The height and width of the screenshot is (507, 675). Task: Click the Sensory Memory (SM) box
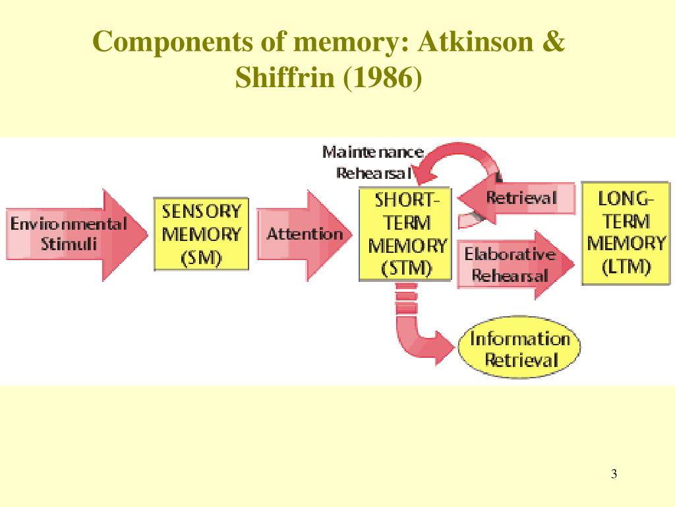coord(201,234)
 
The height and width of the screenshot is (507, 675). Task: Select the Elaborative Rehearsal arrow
coord(511,264)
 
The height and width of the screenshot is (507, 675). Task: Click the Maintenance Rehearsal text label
coord(373,162)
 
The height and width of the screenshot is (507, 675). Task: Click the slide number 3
coord(614,474)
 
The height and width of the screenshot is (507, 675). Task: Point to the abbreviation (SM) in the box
coord(201,258)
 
